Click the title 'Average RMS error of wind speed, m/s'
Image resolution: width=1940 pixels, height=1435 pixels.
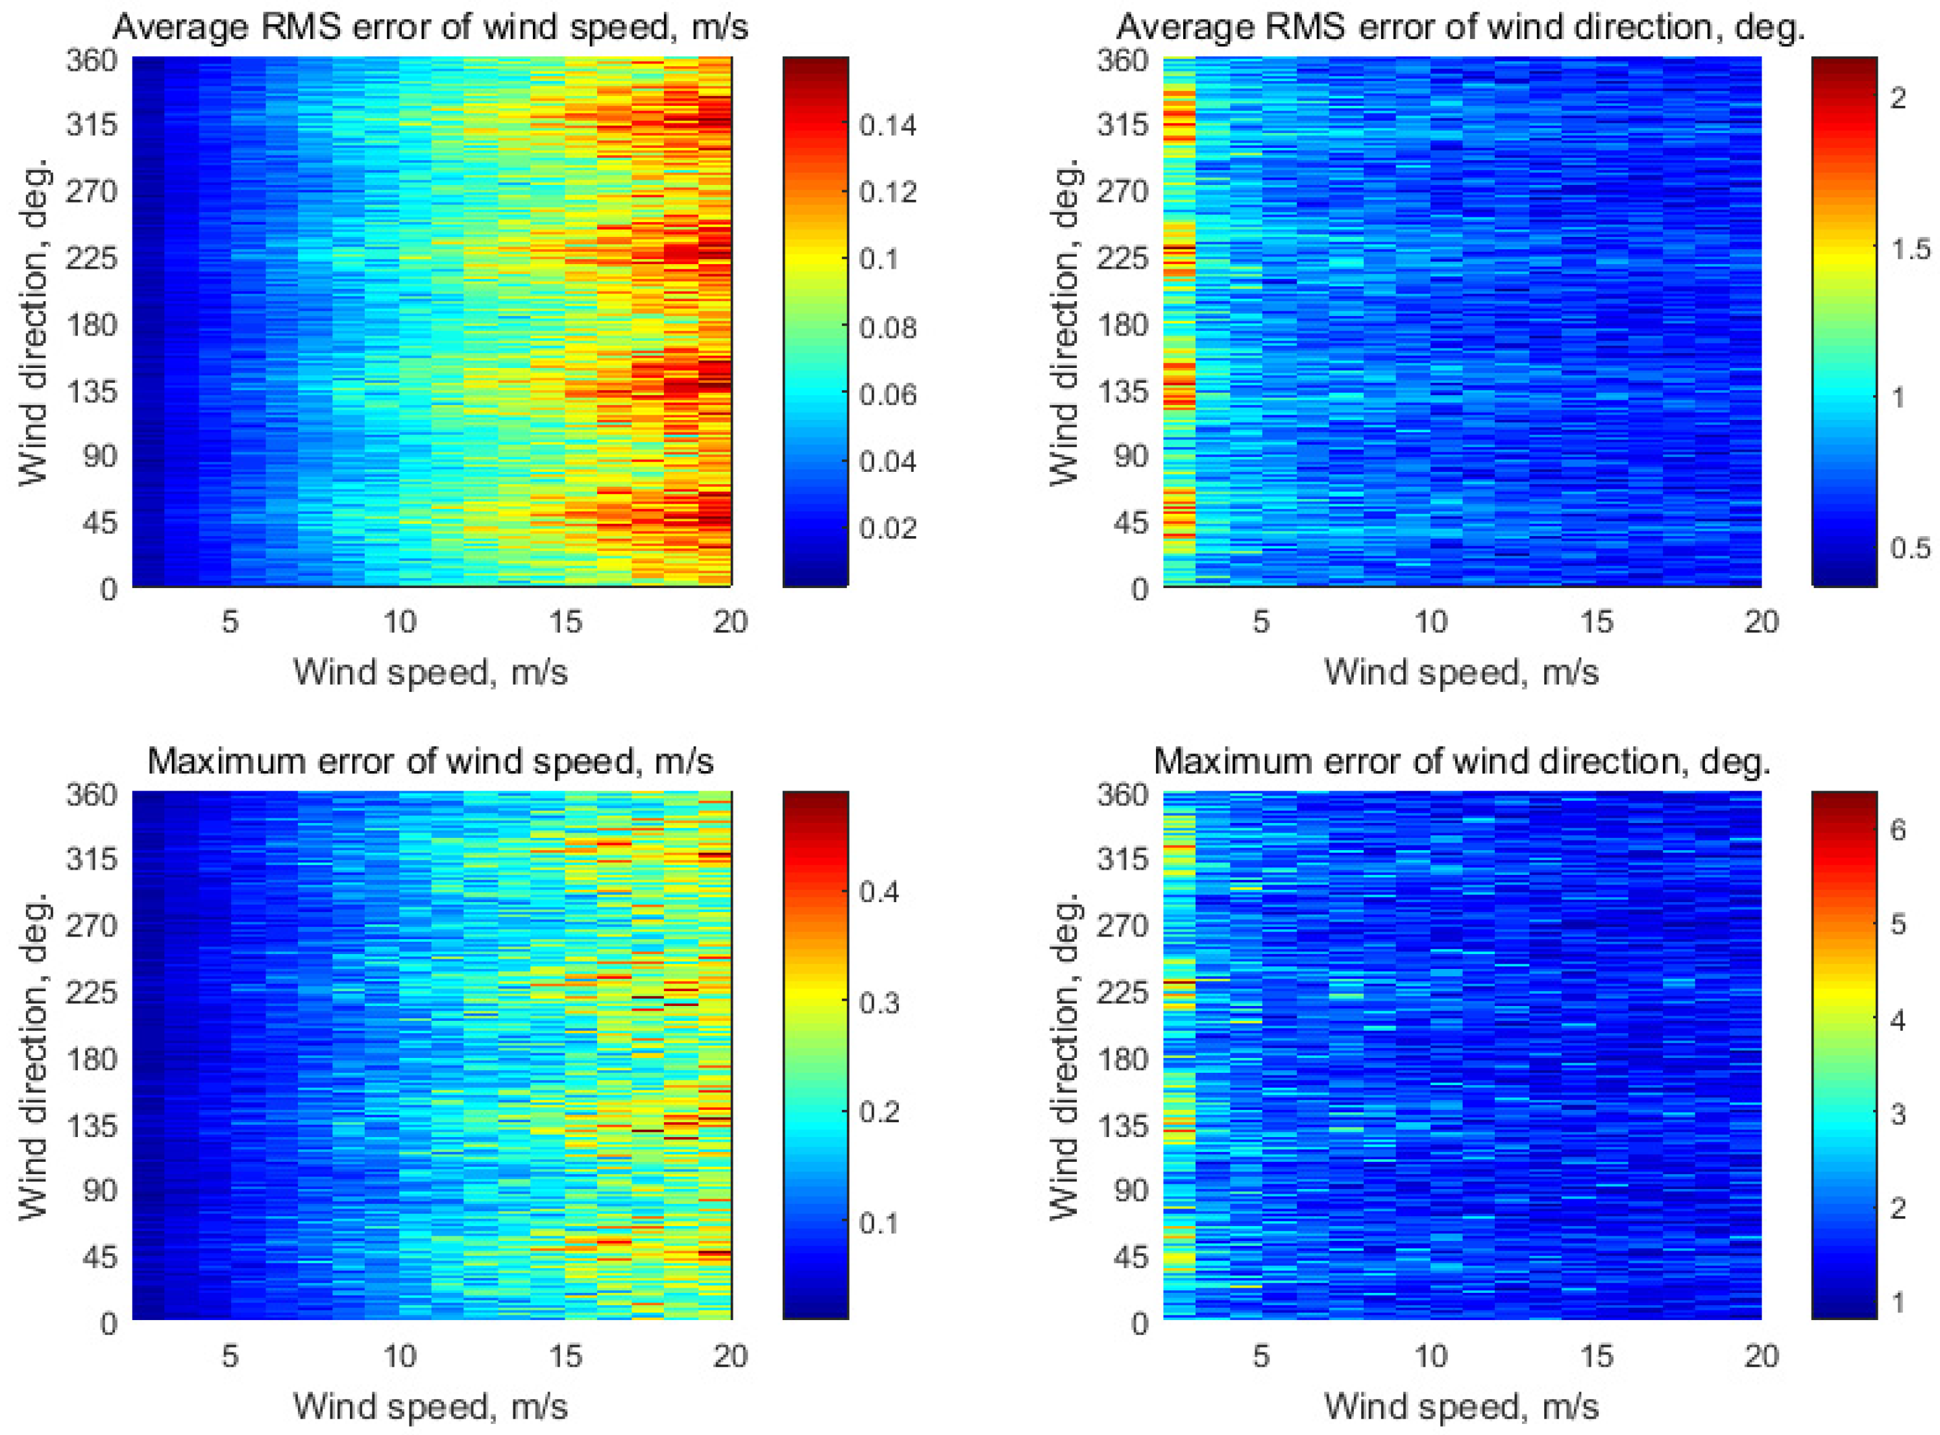coord(430,28)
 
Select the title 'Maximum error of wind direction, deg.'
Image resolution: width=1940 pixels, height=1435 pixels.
coord(1462,762)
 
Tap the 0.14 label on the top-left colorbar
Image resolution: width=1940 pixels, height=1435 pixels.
coord(887,126)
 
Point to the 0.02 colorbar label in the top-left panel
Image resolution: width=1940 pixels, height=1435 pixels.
coord(887,528)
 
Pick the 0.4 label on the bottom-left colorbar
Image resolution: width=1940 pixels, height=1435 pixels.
coord(878,892)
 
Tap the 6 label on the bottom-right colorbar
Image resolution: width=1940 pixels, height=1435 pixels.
coord(1898,829)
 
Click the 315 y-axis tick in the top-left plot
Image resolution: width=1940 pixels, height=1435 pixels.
coord(92,125)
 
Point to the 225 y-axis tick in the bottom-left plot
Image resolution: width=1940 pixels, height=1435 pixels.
coord(92,991)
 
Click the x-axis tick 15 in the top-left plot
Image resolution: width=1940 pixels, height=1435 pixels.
coord(565,622)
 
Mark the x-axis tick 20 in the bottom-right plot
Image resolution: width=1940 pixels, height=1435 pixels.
coord(1761,1356)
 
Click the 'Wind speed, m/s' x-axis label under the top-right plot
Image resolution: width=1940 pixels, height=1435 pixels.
coord(1461,672)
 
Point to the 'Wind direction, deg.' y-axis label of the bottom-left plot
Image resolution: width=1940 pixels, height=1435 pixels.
coord(33,1055)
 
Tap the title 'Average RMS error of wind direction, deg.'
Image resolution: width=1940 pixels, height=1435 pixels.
coord(1461,28)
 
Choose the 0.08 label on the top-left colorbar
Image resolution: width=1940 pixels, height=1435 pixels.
coord(887,328)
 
